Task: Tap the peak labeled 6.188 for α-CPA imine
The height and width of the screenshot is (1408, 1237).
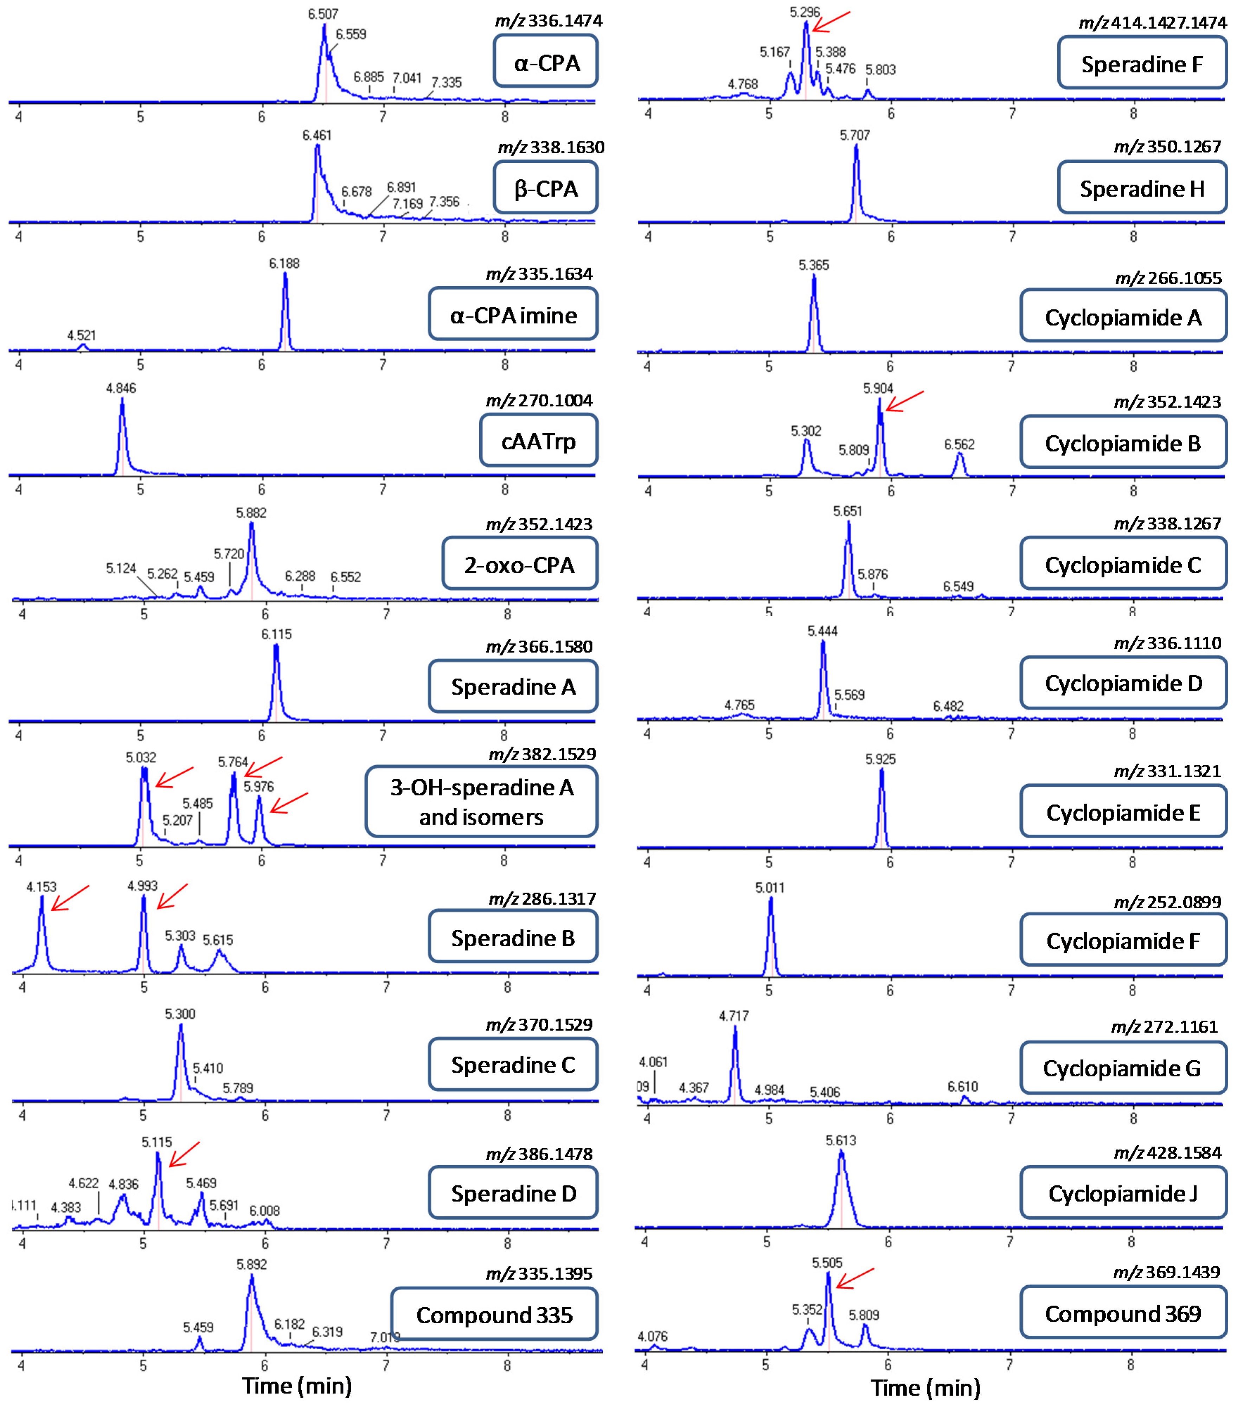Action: point(285,303)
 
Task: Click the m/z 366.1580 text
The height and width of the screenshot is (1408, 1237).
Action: point(539,646)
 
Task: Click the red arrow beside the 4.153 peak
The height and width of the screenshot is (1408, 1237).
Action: point(70,897)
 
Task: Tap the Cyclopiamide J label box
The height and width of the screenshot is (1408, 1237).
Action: point(1123,1193)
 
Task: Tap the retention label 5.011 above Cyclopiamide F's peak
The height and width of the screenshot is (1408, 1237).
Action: point(769,888)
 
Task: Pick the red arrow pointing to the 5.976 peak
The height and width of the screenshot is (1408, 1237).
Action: point(289,802)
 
